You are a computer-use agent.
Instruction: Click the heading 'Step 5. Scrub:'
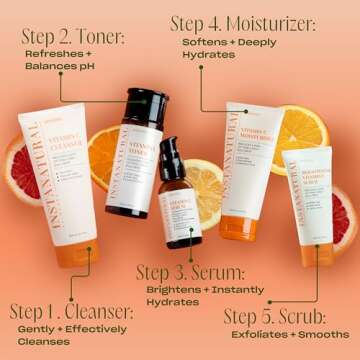coord(279,317)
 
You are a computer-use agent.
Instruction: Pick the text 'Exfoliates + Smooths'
coord(287,334)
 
